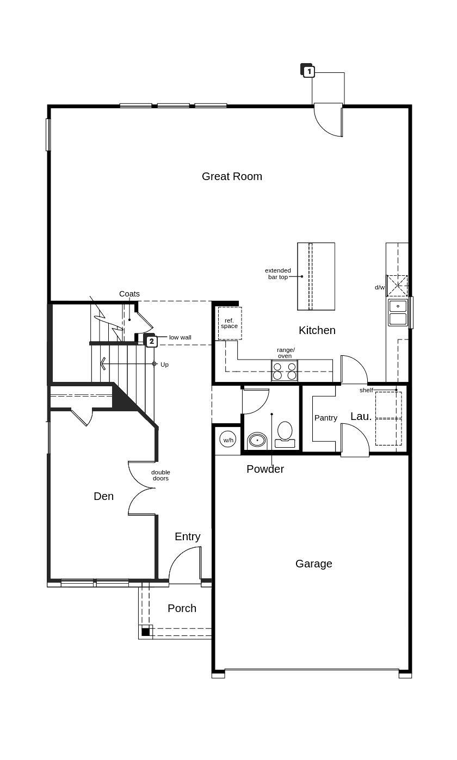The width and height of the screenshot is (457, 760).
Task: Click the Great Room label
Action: pos(232,176)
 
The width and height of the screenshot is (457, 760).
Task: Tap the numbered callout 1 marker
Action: pos(308,71)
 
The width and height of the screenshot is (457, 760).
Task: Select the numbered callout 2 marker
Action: pos(151,341)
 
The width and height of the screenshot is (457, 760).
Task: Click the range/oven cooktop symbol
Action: pos(285,370)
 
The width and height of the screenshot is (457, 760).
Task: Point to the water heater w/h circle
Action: pos(227,440)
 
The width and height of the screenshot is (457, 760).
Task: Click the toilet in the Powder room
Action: pos(285,434)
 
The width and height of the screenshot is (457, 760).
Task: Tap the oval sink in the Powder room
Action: pos(257,440)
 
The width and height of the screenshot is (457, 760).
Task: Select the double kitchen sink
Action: pos(398,313)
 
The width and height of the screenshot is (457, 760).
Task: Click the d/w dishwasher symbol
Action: pos(397,286)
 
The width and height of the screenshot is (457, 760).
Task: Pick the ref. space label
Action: pos(229,323)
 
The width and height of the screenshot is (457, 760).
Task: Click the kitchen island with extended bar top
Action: pos(316,276)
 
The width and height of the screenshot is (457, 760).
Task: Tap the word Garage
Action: pos(313,564)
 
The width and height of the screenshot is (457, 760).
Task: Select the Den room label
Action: pos(103,496)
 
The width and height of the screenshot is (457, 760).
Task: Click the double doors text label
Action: pos(160,475)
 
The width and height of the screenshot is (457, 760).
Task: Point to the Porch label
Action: pos(182,608)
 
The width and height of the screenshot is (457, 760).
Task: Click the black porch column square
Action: pos(145,632)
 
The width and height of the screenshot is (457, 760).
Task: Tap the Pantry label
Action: pos(325,418)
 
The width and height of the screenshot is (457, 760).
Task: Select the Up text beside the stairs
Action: pos(164,364)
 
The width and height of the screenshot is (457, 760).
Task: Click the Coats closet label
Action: pos(129,294)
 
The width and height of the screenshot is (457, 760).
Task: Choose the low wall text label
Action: pos(180,337)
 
